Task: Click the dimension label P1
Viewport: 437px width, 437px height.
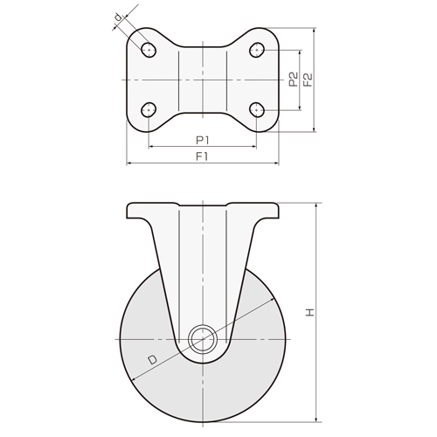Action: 202,139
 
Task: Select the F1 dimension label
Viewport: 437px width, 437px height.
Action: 202,156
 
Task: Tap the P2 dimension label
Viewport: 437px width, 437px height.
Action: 294,80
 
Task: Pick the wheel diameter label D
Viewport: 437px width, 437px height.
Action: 152,358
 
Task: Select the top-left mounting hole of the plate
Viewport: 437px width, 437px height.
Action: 148,50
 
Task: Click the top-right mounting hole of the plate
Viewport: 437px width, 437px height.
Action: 257,50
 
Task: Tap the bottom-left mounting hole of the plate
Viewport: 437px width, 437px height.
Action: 148,109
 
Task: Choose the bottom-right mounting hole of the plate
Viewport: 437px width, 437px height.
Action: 257,109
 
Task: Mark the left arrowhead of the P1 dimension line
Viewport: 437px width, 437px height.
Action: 150,146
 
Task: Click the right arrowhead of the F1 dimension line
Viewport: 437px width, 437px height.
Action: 276,163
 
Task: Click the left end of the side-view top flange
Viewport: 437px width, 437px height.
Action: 128,211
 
